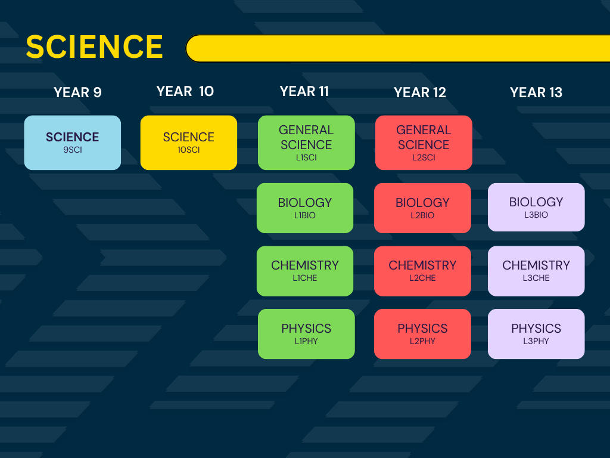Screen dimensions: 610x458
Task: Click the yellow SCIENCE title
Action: [x=94, y=47]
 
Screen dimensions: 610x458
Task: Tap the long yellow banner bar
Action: [x=397, y=48]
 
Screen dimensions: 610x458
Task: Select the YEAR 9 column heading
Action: [x=77, y=92]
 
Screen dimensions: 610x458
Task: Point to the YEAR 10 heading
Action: [x=185, y=91]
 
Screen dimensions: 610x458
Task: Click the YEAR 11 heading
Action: [x=304, y=91]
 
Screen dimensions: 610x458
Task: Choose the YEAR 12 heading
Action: [x=420, y=92]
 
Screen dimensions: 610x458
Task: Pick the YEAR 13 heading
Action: [x=536, y=92]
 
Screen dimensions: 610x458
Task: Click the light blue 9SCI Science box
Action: [x=72, y=143]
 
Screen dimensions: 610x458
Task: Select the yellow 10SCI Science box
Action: [x=189, y=143]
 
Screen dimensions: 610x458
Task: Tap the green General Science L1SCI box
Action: [x=306, y=143]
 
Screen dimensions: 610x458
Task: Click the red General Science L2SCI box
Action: [x=424, y=143]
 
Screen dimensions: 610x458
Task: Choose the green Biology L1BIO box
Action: [x=305, y=208]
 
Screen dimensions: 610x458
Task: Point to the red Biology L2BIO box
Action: [x=422, y=208]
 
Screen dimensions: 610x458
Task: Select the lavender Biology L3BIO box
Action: [x=536, y=207]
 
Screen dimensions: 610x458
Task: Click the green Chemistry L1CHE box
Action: [x=305, y=271]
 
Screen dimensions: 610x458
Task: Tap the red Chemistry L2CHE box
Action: [x=422, y=271]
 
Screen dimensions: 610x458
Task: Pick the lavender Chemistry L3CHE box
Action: [x=536, y=271]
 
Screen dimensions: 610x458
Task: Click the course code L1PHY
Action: [x=306, y=341]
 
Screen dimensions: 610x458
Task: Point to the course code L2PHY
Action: [x=422, y=341]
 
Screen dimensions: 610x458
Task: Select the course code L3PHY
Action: [x=536, y=341]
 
